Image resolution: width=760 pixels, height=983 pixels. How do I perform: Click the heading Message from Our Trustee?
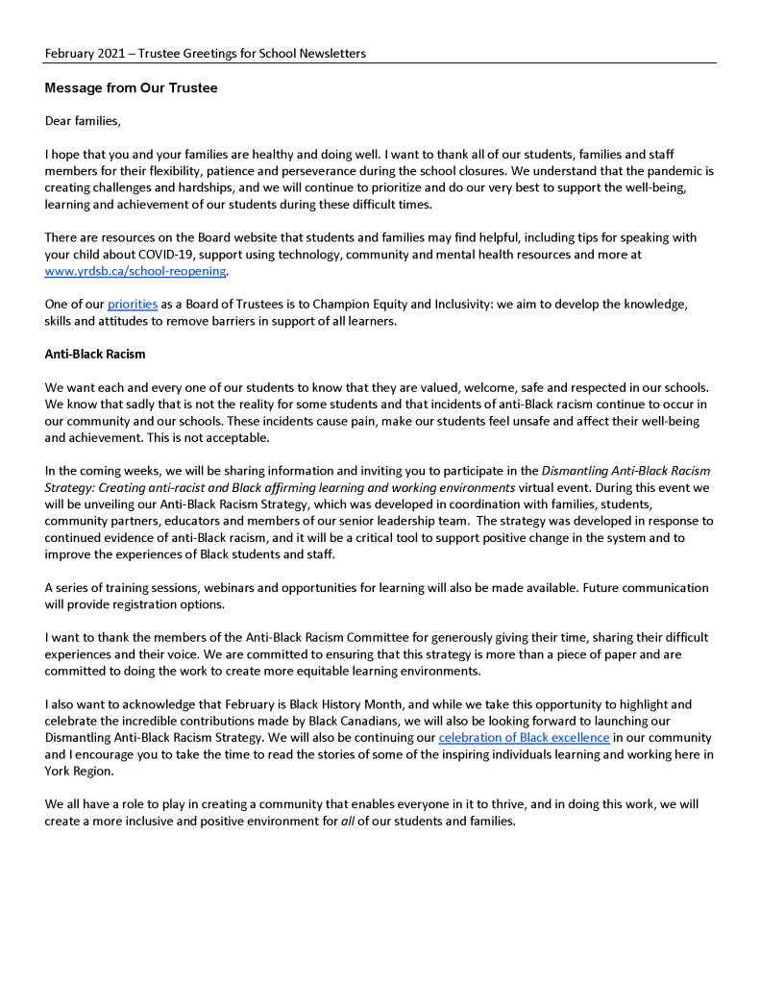pos(131,88)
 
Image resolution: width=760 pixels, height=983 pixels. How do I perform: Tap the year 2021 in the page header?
pos(117,53)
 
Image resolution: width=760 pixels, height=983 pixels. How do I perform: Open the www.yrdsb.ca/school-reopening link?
pos(135,271)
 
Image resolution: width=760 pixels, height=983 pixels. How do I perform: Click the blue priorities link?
pos(132,304)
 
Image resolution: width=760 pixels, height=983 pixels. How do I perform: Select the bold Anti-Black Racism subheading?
pos(95,354)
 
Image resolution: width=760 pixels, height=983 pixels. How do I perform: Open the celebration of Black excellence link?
pos(524,738)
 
